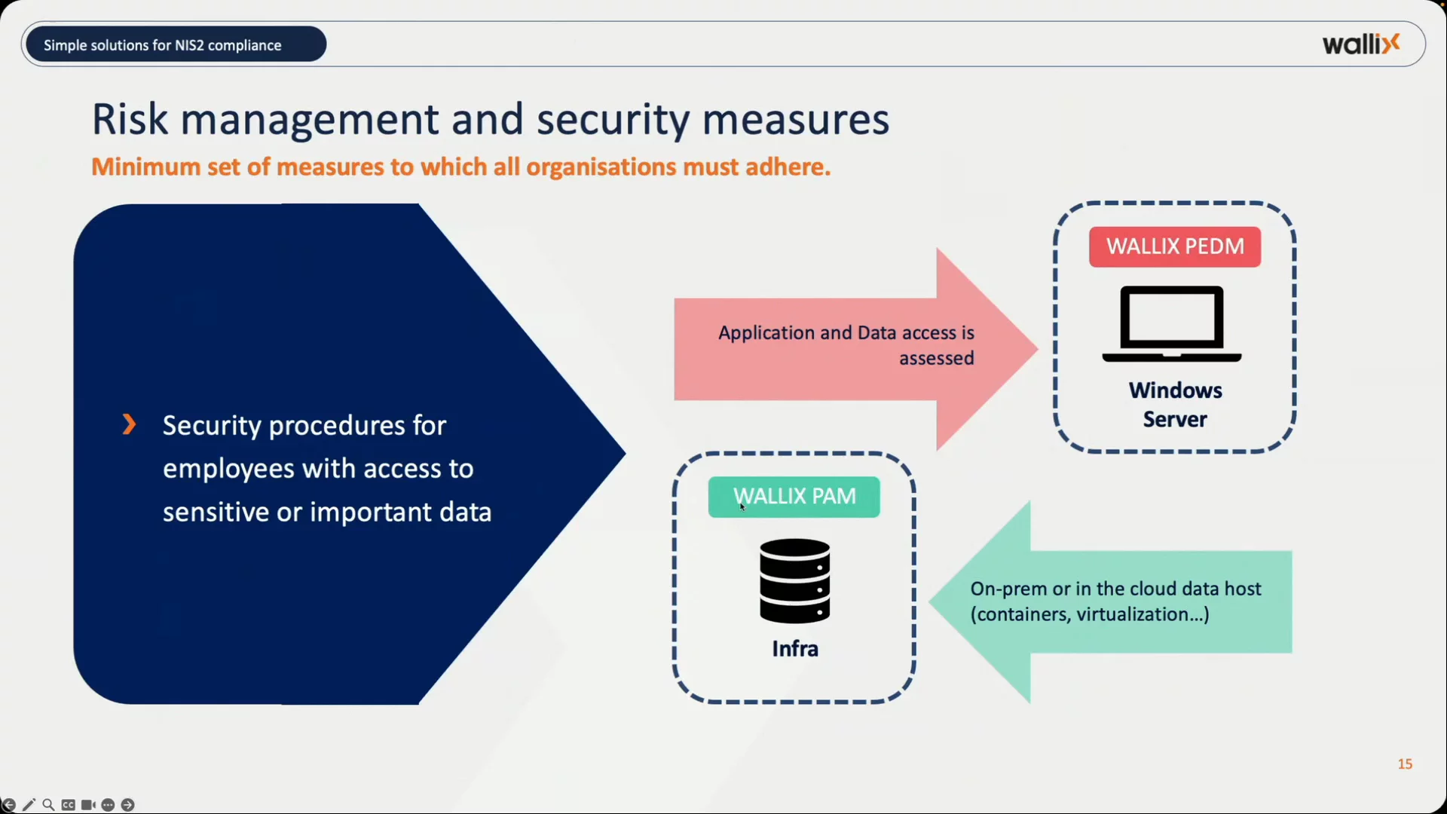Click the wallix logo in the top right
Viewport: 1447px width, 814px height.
[x=1360, y=44]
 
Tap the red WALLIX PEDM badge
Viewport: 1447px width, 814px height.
[x=1174, y=246]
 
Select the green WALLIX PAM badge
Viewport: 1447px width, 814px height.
[x=794, y=497]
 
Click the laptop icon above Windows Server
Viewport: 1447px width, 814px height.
[x=1171, y=324]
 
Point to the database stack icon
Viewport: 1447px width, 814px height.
[x=794, y=580]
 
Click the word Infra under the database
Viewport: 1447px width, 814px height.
[x=794, y=649]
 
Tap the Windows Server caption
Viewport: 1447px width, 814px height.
[x=1175, y=405]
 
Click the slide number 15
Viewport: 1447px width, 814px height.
[x=1405, y=764]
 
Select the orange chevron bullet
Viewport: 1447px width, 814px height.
[x=129, y=424]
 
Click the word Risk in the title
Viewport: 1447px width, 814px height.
[x=129, y=120]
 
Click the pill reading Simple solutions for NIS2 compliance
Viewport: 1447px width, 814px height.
[x=176, y=44]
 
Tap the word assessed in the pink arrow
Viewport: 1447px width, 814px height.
[x=936, y=359]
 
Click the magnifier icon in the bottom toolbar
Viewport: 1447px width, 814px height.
[x=48, y=805]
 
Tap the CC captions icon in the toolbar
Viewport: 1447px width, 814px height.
[x=69, y=805]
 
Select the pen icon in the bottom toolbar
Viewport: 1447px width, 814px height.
[x=29, y=805]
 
